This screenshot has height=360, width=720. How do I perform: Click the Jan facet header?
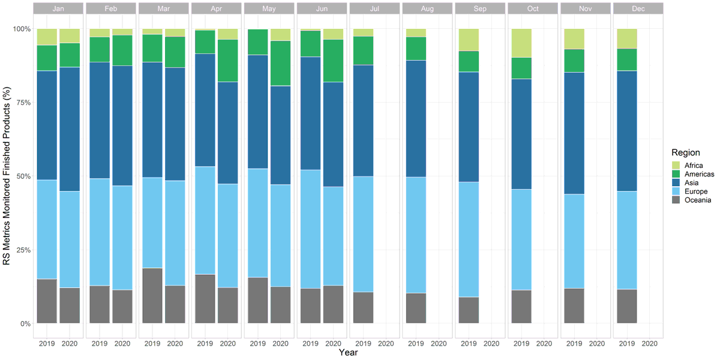coord(58,9)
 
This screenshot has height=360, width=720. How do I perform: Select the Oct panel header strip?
coord(532,9)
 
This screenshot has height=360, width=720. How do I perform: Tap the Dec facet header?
coord(638,9)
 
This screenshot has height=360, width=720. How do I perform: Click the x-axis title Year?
coord(348,353)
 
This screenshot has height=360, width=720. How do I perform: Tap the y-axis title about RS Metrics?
coord(7,176)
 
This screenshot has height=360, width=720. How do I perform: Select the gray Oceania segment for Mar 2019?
coord(152,296)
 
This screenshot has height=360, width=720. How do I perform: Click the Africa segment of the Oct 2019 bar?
coord(521,43)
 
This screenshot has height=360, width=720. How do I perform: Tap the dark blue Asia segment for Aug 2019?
coord(416,118)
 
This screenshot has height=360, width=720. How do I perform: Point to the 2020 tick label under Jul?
coord(386,344)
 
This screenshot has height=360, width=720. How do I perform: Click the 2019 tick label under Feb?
coord(100,344)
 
